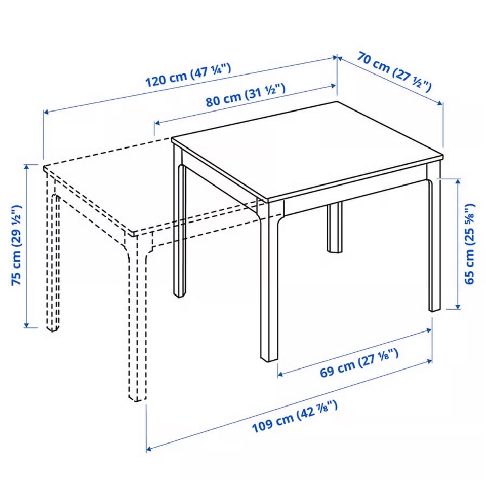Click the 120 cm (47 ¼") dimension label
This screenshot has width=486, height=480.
[x=188, y=75]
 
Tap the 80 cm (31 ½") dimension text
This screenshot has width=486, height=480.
[x=245, y=95]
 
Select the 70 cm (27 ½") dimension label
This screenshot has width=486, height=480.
[x=394, y=72]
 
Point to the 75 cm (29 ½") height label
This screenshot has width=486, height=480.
[x=16, y=245]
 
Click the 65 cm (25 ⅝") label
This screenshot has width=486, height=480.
[x=469, y=244]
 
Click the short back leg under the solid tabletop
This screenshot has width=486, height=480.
[x=335, y=228]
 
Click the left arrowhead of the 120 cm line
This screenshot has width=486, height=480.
[x=46, y=112]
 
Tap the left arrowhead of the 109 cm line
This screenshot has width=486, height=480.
[x=149, y=449]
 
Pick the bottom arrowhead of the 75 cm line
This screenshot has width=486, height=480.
[x=27, y=324]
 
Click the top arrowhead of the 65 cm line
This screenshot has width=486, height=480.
[x=458, y=181]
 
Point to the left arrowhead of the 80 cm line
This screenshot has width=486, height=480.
[x=157, y=123]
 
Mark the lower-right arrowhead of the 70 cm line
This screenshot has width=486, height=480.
[x=440, y=103]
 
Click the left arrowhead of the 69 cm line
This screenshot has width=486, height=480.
[x=280, y=375]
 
